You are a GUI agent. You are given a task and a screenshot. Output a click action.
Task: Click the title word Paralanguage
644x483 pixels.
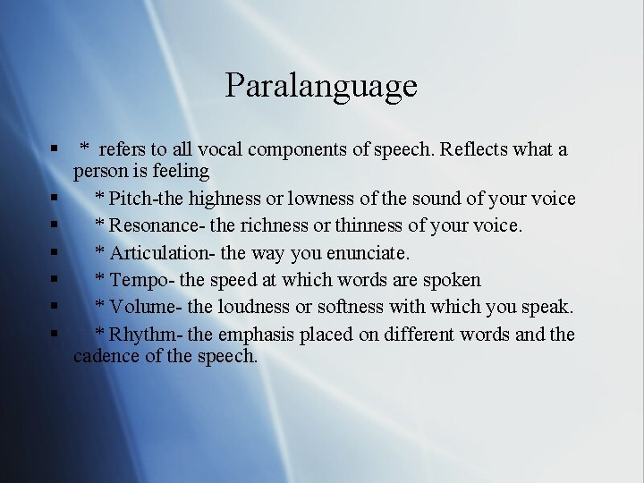[321, 86]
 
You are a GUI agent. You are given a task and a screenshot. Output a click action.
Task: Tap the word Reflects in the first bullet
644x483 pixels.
[473, 149]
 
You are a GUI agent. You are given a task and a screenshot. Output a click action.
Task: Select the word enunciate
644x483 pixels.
[366, 253]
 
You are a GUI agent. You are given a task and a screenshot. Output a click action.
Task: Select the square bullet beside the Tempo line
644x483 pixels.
[55, 279]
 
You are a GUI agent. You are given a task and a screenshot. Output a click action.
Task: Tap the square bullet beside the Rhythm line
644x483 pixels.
[55, 334]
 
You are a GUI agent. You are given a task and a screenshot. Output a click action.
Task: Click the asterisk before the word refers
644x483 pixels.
[85, 147]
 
